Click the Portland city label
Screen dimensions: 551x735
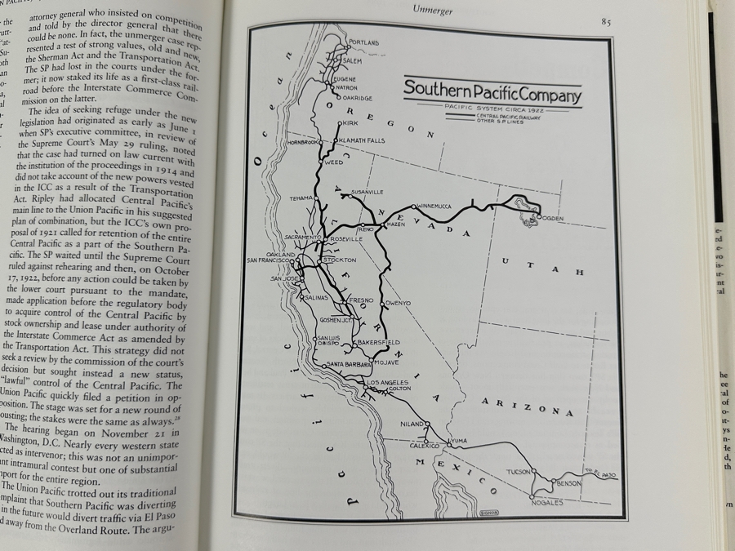coord(363,42)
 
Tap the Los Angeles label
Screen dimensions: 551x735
coord(386,382)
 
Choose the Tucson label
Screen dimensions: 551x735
coord(519,473)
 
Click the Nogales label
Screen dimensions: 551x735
coord(546,503)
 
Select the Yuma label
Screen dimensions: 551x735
coord(458,441)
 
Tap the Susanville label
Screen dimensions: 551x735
coord(367,193)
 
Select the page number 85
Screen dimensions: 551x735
coord(605,22)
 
